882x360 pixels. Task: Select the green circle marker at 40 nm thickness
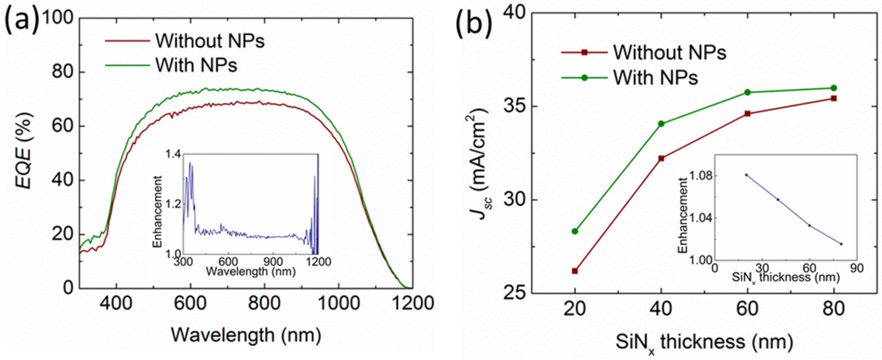662,124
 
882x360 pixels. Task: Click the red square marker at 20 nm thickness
575,271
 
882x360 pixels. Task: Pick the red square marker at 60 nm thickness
748,114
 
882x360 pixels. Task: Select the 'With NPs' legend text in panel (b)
655,78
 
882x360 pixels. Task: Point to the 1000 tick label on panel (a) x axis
338,303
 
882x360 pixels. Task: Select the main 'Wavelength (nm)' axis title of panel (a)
246,335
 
